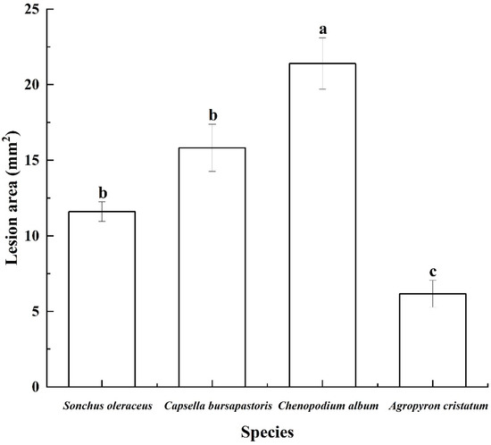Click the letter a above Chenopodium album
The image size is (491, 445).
(x=324, y=30)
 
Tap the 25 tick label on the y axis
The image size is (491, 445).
(x=32, y=10)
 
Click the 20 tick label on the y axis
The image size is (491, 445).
(x=32, y=85)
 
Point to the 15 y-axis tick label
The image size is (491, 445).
(x=32, y=161)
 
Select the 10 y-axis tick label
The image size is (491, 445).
(x=32, y=236)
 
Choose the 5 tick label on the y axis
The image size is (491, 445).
(x=37, y=312)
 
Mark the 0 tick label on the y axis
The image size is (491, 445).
(x=37, y=387)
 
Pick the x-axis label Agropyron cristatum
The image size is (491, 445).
(x=435, y=406)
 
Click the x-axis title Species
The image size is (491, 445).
(x=270, y=432)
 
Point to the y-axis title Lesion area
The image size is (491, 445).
(x=12, y=198)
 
